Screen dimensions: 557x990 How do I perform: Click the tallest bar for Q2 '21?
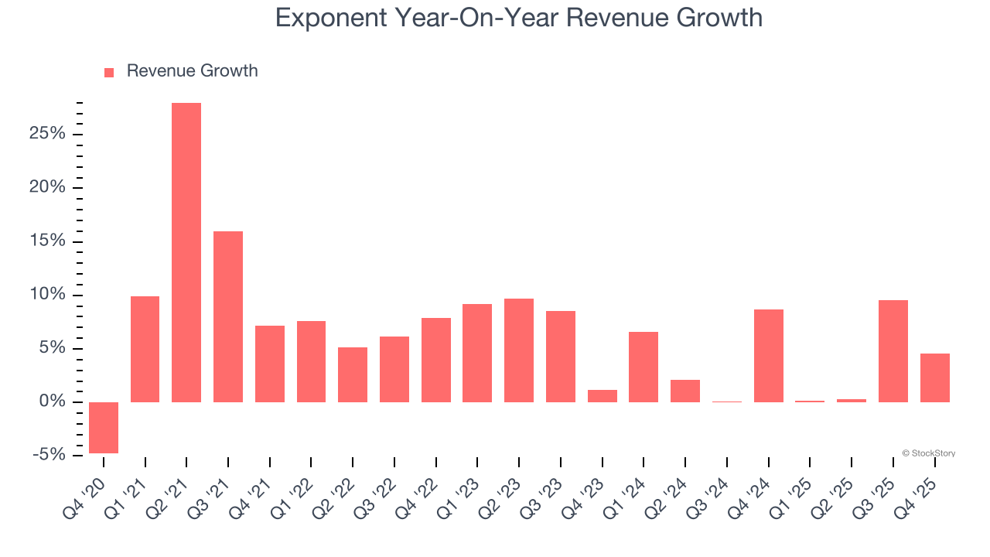click(x=186, y=252)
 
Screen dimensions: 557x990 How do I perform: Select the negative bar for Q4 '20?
click(x=104, y=427)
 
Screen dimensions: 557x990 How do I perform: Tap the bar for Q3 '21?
click(x=228, y=316)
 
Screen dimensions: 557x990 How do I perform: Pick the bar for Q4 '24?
click(x=769, y=355)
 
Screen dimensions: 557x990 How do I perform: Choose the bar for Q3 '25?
click(x=893, y=350)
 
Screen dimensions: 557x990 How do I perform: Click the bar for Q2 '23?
click(x=519, y=350)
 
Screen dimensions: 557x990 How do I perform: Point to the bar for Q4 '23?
click(x=603, y=395)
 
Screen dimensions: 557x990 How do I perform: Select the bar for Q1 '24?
click(x=643, y=367)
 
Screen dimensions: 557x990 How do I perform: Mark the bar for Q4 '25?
click(x=935, y=378)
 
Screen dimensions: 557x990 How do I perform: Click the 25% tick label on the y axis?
click(x=48, y=135)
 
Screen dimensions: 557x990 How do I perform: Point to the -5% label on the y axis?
click(x=48, y=455)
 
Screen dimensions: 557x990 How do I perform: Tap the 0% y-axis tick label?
click(x=52, y=402)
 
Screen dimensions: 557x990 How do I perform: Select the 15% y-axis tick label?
click(x=48, y=241)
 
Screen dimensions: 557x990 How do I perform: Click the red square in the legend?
click(x=109, y=72)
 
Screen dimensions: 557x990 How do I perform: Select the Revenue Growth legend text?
click(x=192, y=71)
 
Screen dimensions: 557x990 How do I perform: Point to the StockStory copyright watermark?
click(x=928, y=453)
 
